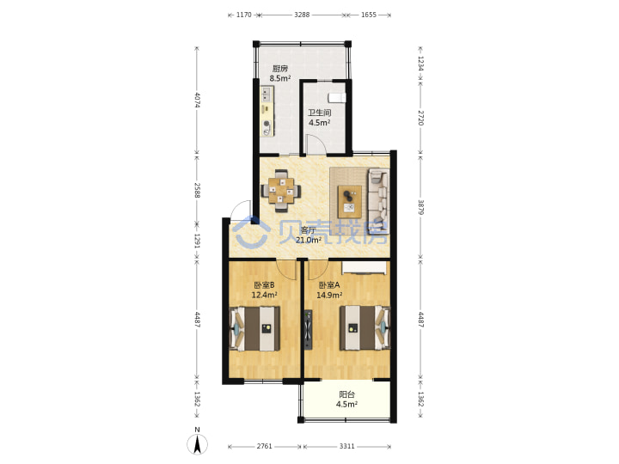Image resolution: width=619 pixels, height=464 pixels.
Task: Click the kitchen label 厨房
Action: click(x=280, y=69)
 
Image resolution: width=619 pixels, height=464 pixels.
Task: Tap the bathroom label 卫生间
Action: click(x=319, y=113)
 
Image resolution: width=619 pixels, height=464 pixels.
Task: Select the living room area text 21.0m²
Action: click(x=309, y=240)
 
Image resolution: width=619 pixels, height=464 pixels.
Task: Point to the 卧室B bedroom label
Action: click(x=264, y=285)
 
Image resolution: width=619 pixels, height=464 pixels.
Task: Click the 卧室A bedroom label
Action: click(x=329, y=285)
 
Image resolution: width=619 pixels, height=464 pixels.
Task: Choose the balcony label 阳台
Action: click(x=347, y=394)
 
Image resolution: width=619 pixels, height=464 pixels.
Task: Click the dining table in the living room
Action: click(x=281, y=191)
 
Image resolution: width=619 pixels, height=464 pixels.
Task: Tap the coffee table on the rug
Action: click(x=350, y=201)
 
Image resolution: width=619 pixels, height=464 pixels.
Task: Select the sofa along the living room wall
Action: click(x=378, y=201)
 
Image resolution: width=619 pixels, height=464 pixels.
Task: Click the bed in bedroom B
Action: click(x=255, y=328)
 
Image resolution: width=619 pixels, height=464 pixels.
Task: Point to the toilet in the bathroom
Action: click(x=337, y=97)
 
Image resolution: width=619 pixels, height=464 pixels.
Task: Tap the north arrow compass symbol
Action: click(x=198, y=444)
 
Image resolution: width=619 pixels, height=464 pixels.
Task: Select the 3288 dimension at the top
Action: click(x=302, y=15)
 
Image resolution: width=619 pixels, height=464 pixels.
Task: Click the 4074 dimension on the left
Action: click(x=198, y=100)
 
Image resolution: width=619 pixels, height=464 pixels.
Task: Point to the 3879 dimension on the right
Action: click(x=421, y=207)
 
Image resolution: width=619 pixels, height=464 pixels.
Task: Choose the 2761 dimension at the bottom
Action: click(x=265, y=446)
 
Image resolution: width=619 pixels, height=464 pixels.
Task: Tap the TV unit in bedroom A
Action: click(x=309, y=329)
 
